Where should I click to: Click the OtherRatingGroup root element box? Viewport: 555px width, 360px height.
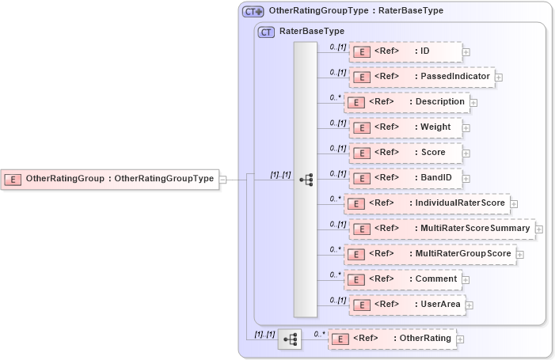pos(111,179)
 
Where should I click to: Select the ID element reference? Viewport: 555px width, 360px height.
pos(405,51)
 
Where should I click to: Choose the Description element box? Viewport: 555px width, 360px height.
pos(406,102)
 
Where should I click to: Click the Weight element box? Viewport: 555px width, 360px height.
pos(405,127)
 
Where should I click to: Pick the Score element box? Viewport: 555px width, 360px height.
pos(405,153)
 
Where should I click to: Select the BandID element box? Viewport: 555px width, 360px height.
pos(405,178)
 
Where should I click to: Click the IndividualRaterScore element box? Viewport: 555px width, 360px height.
pos(427,203)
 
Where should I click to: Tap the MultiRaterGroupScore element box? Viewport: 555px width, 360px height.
pos(430,254)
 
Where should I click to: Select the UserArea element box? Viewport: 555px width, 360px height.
pos(406,305)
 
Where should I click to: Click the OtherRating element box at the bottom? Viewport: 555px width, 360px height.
pos(392,339)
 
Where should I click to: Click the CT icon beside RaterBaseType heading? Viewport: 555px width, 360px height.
pos(267,32)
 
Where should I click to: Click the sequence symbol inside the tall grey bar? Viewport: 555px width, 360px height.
pos(306,180)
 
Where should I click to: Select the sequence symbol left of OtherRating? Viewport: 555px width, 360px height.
pos(291,339)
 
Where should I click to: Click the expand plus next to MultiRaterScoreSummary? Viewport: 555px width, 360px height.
pos(539,229)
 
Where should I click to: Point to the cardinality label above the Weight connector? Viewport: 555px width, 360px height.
pos(338,123)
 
